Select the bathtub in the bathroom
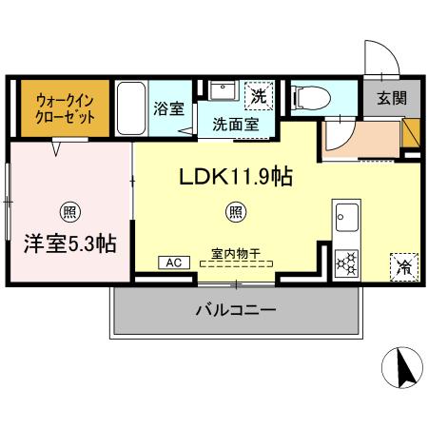tap(131, 108)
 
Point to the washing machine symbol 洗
tap(259, 93)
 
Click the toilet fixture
tap(310, 96)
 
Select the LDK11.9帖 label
tap(231, 176)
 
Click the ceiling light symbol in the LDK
tap(233, 210)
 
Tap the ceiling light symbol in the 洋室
tap(69, 210)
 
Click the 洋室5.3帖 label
tap(70, 243)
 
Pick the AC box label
tap(173, 263)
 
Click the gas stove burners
tap(345, 261)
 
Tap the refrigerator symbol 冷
tap(402, 264)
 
